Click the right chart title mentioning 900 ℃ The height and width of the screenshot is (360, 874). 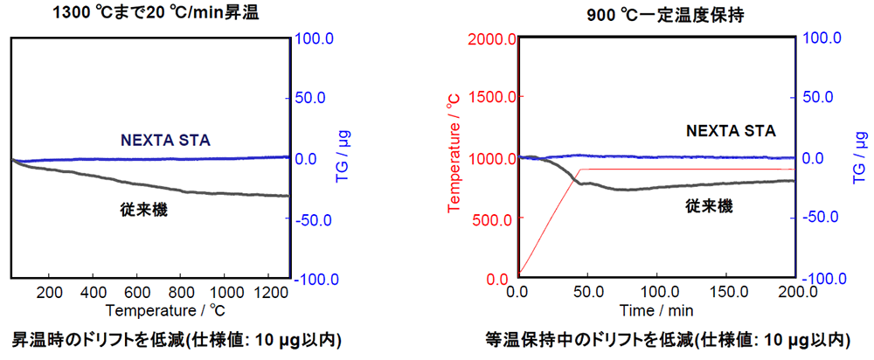[657, 13]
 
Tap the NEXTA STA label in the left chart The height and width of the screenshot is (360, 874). [165, 139]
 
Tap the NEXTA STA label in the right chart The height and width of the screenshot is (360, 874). [730, 131]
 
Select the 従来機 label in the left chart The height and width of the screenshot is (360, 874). [144, 210]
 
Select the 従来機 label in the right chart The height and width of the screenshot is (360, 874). [709, 206]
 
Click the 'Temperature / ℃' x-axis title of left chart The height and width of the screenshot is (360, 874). [150, 309]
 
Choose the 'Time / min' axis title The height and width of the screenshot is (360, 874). [656, 309]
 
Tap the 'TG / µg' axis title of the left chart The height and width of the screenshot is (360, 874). [343, 157]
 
